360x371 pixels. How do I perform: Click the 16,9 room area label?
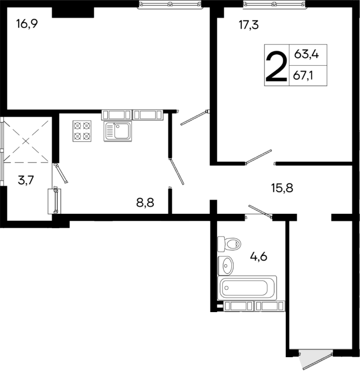[27, 24]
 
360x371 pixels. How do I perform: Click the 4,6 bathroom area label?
[258, 257]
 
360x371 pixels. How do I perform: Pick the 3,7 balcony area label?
[26, 180]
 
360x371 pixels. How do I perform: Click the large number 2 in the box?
[276, 66]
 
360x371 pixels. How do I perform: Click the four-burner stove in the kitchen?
[82, 131]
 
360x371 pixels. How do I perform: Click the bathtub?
[248, 287]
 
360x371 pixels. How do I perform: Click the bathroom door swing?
[260, 211]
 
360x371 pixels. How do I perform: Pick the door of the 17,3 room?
[259, 157]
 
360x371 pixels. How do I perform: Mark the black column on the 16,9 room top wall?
[73, 12]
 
